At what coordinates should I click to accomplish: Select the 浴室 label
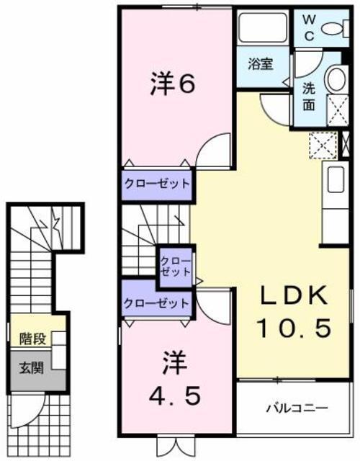pos(260,64)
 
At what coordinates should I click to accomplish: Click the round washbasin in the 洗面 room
pos(334,79)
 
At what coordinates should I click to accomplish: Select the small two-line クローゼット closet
pos(175,265)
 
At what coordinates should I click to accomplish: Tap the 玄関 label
pos(31,368)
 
